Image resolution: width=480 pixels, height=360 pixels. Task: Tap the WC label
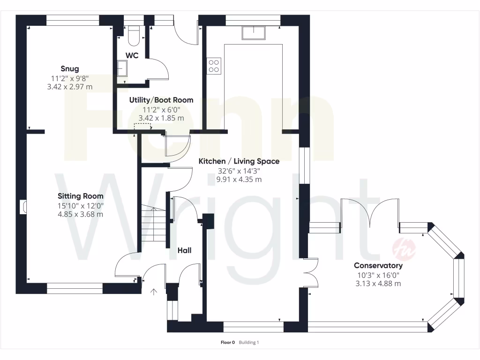(x=132, y=55)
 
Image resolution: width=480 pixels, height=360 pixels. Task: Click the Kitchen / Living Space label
(x=239, y=161)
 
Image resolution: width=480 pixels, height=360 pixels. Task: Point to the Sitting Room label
(x=81, y=196)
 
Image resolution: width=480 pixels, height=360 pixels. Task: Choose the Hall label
(x=184, y=251)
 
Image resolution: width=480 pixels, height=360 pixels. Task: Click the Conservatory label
(x=378, y=265)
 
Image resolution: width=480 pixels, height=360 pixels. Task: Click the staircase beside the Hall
(x=153, y=225)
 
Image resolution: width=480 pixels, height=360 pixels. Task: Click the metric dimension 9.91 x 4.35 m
(x=239, y=180)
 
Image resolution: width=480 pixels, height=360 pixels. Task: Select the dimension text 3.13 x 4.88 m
(x=378, y=284)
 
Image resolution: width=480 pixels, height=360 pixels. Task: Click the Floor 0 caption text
(x=227, y=343)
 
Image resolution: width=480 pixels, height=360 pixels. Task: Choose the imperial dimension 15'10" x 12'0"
(x=81, y=205)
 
